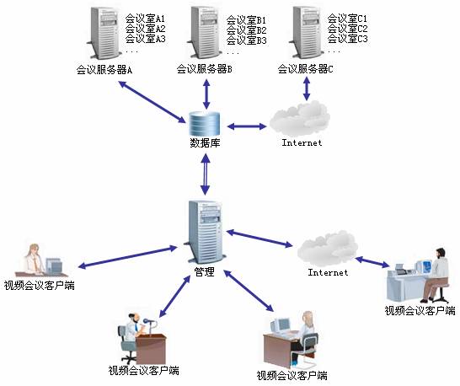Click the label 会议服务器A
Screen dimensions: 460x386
(x=104, y=70)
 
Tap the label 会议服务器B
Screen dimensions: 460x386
(x=204, y=69)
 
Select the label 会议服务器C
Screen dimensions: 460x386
(x=305, y=69)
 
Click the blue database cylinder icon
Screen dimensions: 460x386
(x=205, y=124)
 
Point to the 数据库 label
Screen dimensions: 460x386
(x=205, y=143)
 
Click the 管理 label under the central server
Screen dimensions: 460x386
(x=205, y=272)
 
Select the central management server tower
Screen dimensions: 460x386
(x=205, y=232)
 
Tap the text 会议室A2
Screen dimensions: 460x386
(x=145, y=29)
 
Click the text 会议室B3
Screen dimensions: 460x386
(x=246, y=40)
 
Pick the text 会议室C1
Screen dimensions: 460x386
(x=347, y=19)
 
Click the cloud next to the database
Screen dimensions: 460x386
(x=300, y=118)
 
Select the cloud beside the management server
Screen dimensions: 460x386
(x=328, y=248)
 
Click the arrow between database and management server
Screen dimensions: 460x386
(x=205, y=174)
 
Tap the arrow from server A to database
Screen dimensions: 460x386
(x=152, y=102)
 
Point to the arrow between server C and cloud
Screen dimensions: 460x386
(x=307, y=88)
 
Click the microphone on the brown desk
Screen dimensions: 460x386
(x=148, y=322)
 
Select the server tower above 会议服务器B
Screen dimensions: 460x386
(x=205, y=32)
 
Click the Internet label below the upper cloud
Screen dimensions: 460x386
(x=302, y=142)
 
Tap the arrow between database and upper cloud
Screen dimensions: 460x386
(x=247, y=126)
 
